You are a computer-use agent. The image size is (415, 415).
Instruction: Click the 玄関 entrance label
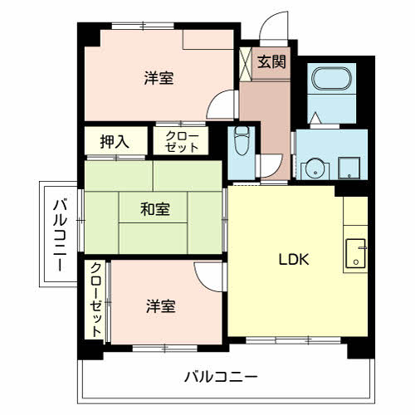pos(271,61)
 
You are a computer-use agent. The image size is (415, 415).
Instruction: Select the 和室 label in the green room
pos(154,209)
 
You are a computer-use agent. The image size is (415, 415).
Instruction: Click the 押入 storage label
pos(115,141)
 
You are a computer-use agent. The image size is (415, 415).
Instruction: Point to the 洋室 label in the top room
pos(158,79)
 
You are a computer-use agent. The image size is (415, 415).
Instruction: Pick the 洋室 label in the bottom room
pos(159,305)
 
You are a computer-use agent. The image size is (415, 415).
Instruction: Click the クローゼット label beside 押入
pos(182,141)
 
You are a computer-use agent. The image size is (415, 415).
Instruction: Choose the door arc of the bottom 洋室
pos(209,276)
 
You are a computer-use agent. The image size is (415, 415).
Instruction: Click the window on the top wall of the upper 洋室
pos(137,26)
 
